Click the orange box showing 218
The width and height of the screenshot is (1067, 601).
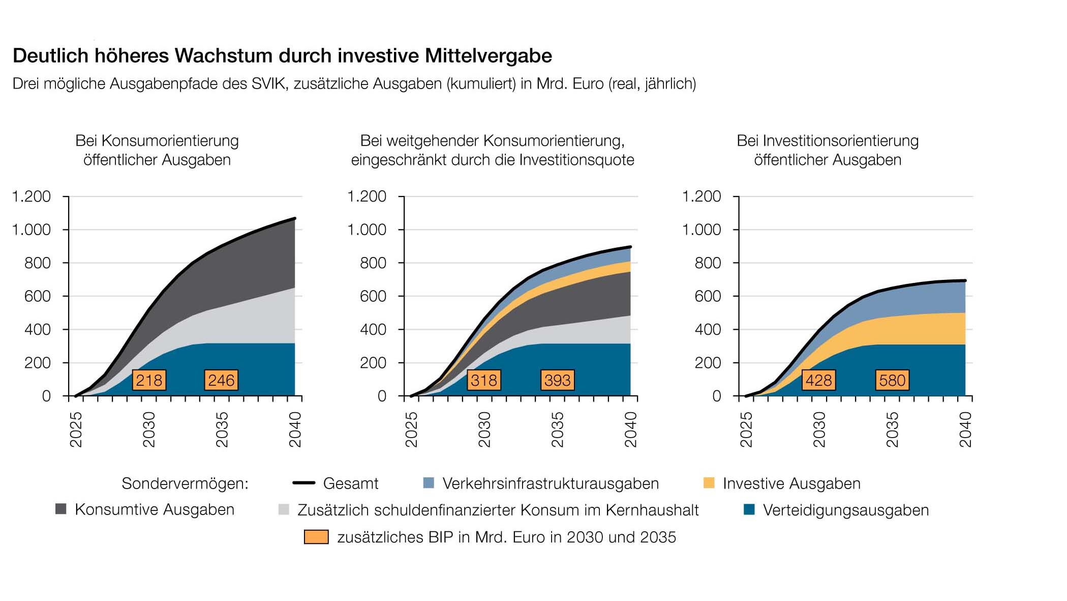[x=149, y=380]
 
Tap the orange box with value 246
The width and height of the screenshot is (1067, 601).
[x=221, y=380]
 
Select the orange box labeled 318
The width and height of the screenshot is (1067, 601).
[x=484, y=380]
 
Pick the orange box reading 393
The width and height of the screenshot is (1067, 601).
[x=558, y=380]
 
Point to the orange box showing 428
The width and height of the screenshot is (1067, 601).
[x=819, y=380]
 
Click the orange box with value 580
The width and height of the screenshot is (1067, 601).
[x=892, y=380]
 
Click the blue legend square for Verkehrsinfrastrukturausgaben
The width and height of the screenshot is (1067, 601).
[x=429, y=483]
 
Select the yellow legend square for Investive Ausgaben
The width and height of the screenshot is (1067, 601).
[x=709, y=483]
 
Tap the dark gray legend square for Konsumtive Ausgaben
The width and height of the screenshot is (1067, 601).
[x=61, y=509]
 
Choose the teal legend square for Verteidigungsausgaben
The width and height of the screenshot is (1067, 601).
[x=749, y=509]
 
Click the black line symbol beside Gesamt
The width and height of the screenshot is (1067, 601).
[x=304, y=483]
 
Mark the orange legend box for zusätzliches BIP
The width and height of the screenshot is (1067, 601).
[x=316, y=537]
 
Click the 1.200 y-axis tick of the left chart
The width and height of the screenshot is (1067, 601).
[x=32, y=196]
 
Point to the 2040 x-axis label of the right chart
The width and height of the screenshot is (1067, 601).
[x=965, y=430]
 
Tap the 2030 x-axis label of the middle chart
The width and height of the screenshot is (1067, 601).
[x=484, y=430]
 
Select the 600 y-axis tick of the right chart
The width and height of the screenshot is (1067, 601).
[x=708, y=296]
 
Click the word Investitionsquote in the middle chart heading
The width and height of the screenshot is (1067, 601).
[x=576, y=160]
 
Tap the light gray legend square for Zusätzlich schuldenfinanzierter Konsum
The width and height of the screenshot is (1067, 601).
[x=284, y=509]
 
